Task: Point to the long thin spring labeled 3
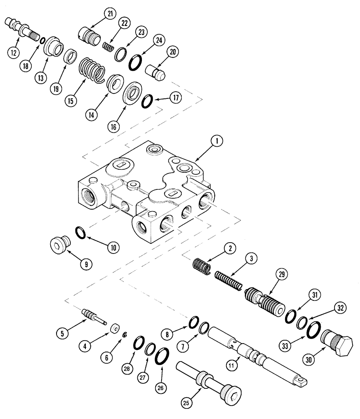[229, 280]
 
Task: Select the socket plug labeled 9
[57, 243]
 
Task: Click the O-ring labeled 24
[135, 62]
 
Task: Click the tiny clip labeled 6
[124, 334]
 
